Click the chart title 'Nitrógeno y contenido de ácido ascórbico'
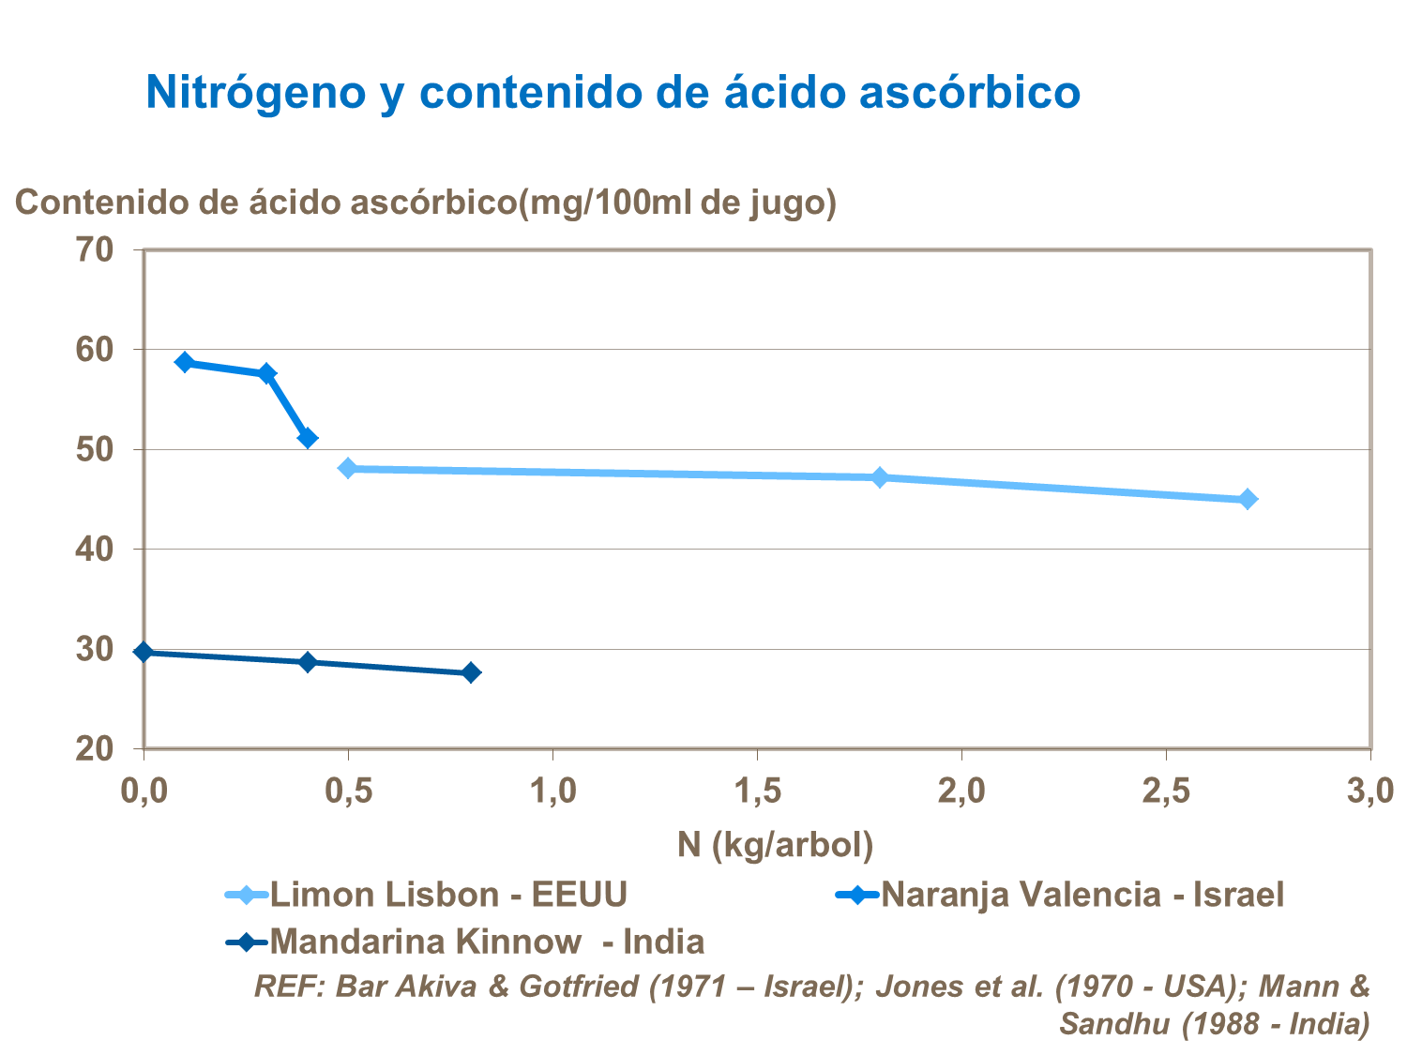pyautogui.click(x=613, y=92)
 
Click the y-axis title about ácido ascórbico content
pyautogui.click(x=425, y=202)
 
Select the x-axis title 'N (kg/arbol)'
pyautogui.click(x=775, y=845)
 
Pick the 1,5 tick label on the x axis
pyautogui.click(x=758, y=791)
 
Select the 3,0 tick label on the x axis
pyautogui.click(x=1370, y=791)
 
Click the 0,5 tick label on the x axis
pyautogui.click(x=348, y=791)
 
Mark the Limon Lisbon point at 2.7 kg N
pyautogui.click(x=1248, y=499)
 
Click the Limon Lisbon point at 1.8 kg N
pyautogui.click(x=880, y=477)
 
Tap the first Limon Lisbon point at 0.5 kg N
pyautogui.click(x=348, y=468)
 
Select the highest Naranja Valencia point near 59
pyautogui.click(x=185, y=362)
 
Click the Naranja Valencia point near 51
pyautogui.click(x=308, y=438)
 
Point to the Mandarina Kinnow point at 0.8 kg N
pyautogui.click(x=471, y=672)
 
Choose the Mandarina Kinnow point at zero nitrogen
pyautogui.click(x=144, y=652)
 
